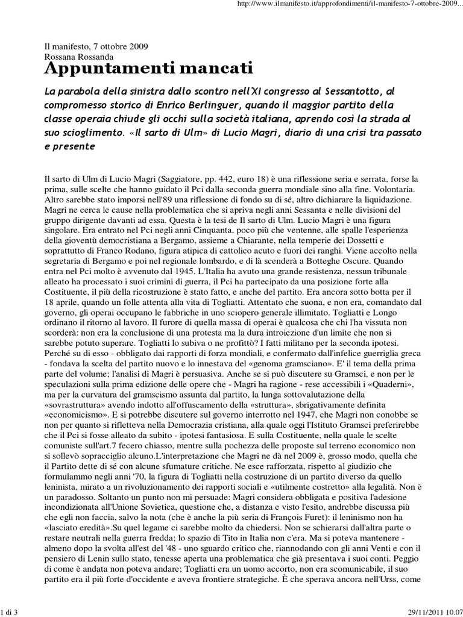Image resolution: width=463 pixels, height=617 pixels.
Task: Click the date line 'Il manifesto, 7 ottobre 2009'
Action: pos(96,46)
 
